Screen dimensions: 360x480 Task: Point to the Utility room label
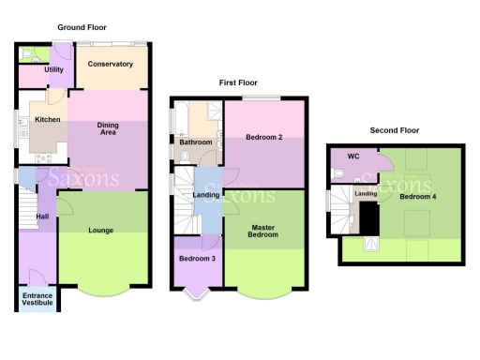[52, 69]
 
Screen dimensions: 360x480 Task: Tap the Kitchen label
[47, 120]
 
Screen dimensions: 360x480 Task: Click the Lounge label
[101, 230]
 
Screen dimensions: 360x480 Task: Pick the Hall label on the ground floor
[41, 217]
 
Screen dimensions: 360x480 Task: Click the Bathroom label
[196, 142]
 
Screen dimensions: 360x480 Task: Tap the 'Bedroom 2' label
[263, 138]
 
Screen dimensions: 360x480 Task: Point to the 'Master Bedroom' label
[263, 231]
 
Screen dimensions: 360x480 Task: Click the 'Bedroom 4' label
[416, 198]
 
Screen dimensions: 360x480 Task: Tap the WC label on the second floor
[353, 156]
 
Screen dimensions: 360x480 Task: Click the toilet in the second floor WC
[337, 172]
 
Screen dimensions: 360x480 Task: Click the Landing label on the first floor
[205, 194]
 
